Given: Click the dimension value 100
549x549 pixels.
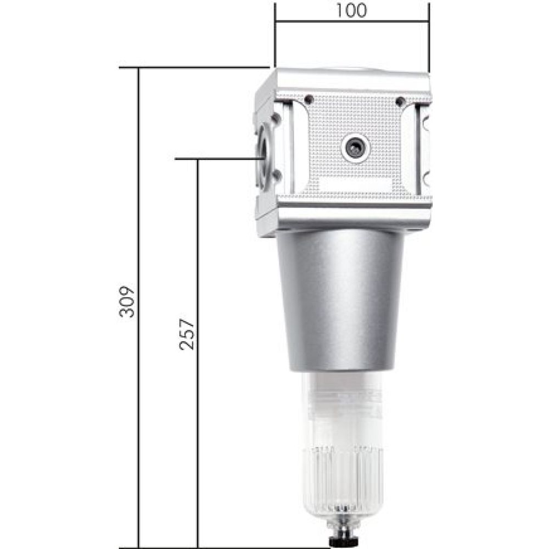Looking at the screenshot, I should tap(351, 11).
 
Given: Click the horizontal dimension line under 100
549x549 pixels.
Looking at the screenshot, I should tap(351, 22).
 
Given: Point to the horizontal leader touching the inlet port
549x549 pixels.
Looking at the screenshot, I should tap(220, 159).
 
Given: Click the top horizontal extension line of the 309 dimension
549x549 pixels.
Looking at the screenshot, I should tap(192, 68).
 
